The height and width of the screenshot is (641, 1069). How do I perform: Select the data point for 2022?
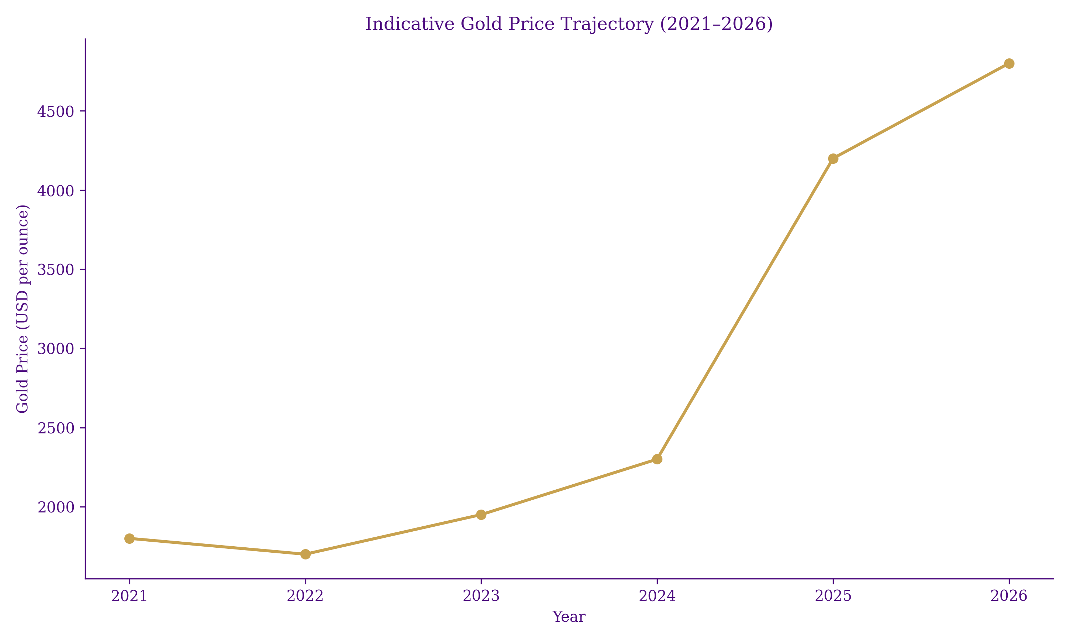[x=305, y=554]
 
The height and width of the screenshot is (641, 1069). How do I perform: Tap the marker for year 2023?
[x=481, y=515]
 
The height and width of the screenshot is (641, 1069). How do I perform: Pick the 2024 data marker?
[x=657, y=459]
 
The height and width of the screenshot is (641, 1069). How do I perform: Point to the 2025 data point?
[x=833, y=158]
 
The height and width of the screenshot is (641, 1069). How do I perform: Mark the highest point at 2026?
[x=1009, y=63]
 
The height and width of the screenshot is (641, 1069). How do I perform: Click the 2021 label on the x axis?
[x=129, y=596]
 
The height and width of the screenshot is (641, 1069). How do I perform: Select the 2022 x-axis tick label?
[x=305, y=596]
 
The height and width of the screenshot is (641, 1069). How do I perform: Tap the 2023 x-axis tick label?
[x=481, y=596]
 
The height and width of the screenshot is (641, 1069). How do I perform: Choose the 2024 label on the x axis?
[x=657, y=596]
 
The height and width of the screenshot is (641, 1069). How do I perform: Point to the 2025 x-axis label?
[x=833, y=596]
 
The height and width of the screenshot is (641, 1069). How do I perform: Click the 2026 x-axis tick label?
[x=1009, y=596]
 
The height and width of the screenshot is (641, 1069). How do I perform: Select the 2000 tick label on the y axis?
[x=56, y=507]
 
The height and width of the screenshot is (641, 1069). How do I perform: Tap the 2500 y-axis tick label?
[x=56, y=428]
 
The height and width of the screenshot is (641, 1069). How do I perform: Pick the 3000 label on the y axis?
[x=56, y=349]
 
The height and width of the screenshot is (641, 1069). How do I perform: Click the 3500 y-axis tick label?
[x=56, y=270]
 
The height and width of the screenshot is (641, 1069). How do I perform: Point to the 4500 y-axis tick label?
[x=56, y=112]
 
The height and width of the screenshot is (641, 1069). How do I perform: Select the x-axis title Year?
[x=569, y=617]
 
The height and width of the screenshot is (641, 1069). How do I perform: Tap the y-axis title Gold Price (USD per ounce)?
[x=22, y=308]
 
